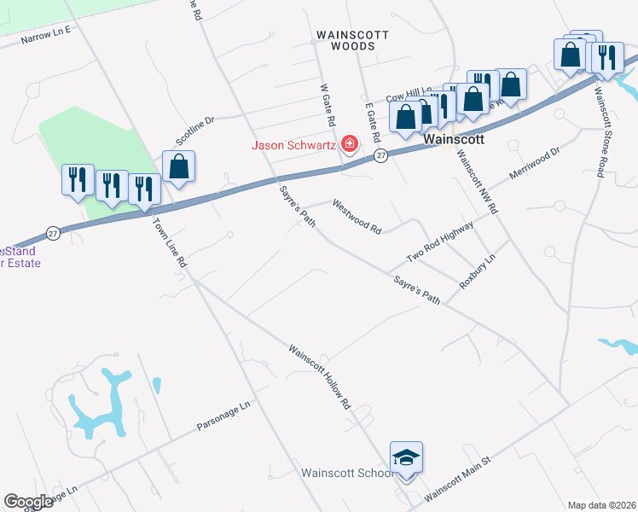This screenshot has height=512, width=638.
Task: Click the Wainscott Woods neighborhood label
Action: [x=352, y=42]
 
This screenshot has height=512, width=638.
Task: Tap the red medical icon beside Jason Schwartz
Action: [x=348, y=144]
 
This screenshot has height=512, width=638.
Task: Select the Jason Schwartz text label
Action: [x=293, y=144]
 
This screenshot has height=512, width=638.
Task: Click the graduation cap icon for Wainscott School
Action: [x=407, y=457]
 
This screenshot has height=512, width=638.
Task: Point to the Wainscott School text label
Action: [x=346, y=472]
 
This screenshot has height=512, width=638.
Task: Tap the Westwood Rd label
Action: [x=357, y=217]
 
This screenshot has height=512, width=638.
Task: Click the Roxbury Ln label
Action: [x=478, y=271]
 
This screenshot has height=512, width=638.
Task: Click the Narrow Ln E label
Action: [x=46, y=33]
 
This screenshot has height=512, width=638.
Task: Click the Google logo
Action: [x=29, y=502]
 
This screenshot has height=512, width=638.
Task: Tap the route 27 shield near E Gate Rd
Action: [x=380, y=155]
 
